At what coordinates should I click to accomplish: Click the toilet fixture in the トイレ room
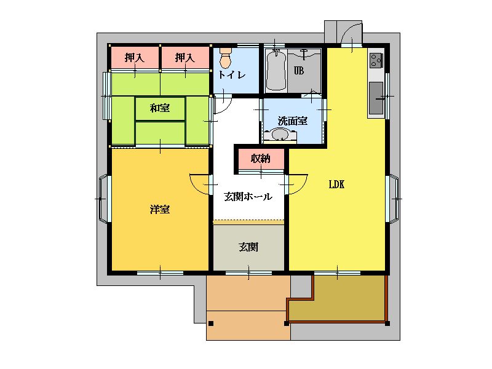225,57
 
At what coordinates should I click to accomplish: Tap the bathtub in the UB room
276,70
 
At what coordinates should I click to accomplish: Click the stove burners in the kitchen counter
376,60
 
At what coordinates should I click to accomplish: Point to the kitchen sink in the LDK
376,98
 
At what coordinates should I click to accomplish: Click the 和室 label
160,108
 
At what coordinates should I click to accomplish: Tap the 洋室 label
160,209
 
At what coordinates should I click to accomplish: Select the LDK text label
336,184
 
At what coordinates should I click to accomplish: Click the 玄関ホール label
248,197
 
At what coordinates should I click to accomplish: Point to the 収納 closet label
261,159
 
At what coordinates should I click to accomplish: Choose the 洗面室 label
293,121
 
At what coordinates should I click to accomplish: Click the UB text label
299,71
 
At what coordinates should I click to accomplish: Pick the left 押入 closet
134,57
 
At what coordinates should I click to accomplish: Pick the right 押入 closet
185,57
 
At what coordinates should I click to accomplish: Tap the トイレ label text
232,74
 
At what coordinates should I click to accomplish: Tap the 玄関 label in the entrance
248,247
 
